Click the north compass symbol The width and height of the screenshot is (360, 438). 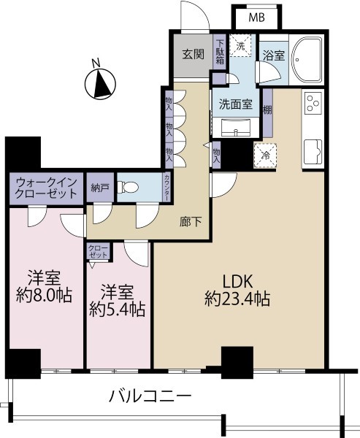pos(100,83)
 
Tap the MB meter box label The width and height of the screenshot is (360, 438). pos(257,18)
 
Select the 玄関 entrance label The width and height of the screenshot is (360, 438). pos(193,54)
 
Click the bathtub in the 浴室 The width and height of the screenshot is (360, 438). pos(307,60)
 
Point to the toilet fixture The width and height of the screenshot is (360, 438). pos(128,187)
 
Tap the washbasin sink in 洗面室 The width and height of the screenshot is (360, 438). pos(237,127)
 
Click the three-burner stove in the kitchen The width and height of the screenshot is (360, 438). pos(313,103)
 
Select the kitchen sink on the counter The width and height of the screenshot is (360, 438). pos(313,152)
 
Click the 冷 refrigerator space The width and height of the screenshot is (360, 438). pos(265,155)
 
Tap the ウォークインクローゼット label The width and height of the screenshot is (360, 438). pos(46,188)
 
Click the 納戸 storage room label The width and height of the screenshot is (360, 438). pos(100,188)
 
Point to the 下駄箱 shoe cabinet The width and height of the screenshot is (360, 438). pos(220,52)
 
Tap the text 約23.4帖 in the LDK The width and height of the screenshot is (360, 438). pos(237,299)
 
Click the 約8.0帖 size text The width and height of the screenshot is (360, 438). pos(44,295)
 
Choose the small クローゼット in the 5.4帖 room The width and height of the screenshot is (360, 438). pos(98,251)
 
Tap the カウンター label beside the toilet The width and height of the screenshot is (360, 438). pos(166,187)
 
